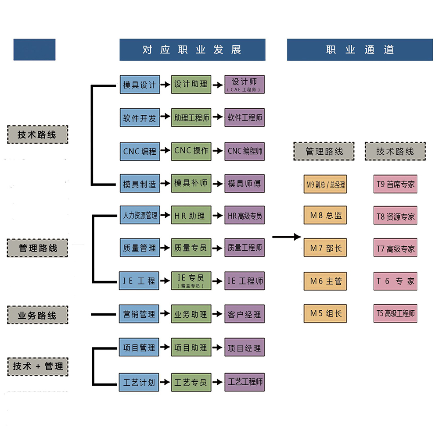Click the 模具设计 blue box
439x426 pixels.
pyautogui.click(x=140, y=85)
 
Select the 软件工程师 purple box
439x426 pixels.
pyautogui.click(x=245, y=118)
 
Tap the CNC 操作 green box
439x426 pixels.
pyautogui.click(x=191, y=151)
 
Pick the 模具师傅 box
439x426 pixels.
pyautogui.click(x=245, y=184)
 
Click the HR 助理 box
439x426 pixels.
pyautogui.click(x=191, y=216)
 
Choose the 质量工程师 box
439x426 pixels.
pyautogui.click(x=245, y=248)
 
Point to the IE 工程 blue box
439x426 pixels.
pyautogui.click(x=140, y=281)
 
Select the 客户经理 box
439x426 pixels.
pyautogui.click(x=245, y=314)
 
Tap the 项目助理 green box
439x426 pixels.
pyautogui.click(x=191, y=348)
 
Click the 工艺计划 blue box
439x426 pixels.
pyautogui.click(x=140, y=382)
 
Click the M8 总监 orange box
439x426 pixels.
pyautogui.click(x=325, y=216)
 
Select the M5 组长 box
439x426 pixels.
pyautogui.click(x=325, y=313)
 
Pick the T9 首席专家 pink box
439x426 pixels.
pyautogui.click(x=395, y=184)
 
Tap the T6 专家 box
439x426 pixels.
pyautogui.click(x=395, y=281)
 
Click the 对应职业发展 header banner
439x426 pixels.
pyautogui.click(x=192, y=50)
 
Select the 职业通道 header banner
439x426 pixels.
pyautogui.click(x=360, y=50)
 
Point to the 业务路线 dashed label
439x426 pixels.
pyautogui.click(x=37, y=315)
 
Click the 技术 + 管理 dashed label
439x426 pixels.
pyautogui.click(x=38, y=366)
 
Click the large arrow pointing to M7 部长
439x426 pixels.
pyautogui.click(x=287, y=238)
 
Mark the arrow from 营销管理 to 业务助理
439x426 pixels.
pyautogui.click(x=165, y=314)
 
